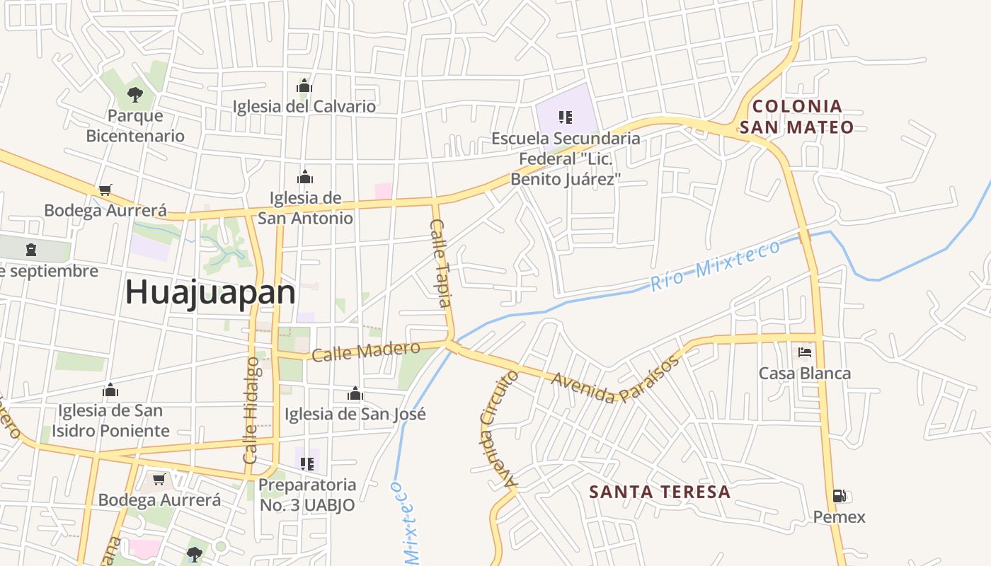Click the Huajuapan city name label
click(x=210, y=292)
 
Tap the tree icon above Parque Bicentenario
click(x=134, y=94)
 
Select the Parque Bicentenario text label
click(x=135, y=126)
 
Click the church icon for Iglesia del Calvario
click(x=304, y=86)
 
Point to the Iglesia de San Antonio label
click(x=305, y=208)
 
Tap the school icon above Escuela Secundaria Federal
click(x=565, y=117)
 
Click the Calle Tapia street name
click(x=440, y=263)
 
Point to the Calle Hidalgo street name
click(x=251, y=410)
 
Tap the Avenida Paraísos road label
click(x=615, y=379)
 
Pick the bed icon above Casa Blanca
click(x=804, y=352)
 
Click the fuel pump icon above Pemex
click(x=839, y=496)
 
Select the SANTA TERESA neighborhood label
click(x=659, y=492)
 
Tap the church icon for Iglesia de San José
click(x=355, y=393)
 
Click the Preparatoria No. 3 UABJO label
click(x=307, y=495)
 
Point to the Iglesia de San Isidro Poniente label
click(x=111, y=420)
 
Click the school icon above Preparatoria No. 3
click(x=307, y=464)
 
